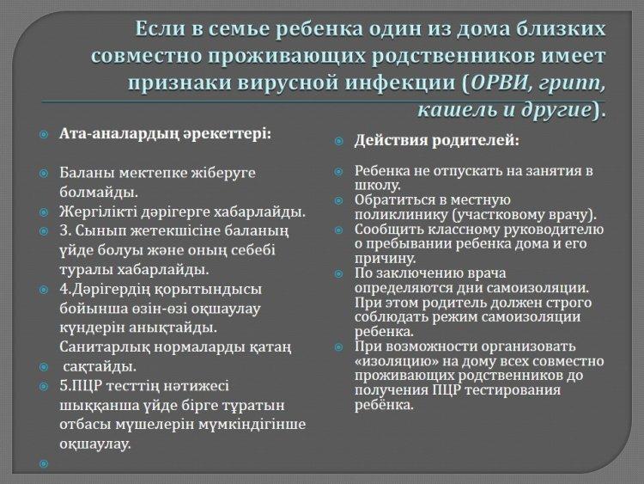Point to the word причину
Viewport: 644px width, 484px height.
pyautogui.click(x=386, y=259)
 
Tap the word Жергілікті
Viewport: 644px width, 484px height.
pyautogui.click(x=99, y=212)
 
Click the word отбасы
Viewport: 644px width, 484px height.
pyautogui.click(x=85, y=425)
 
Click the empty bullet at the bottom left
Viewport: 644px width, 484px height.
pyautogui.click(x=44, y=464)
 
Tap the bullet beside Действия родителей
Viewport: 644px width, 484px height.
pyautogui.click(x=339, y=142)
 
